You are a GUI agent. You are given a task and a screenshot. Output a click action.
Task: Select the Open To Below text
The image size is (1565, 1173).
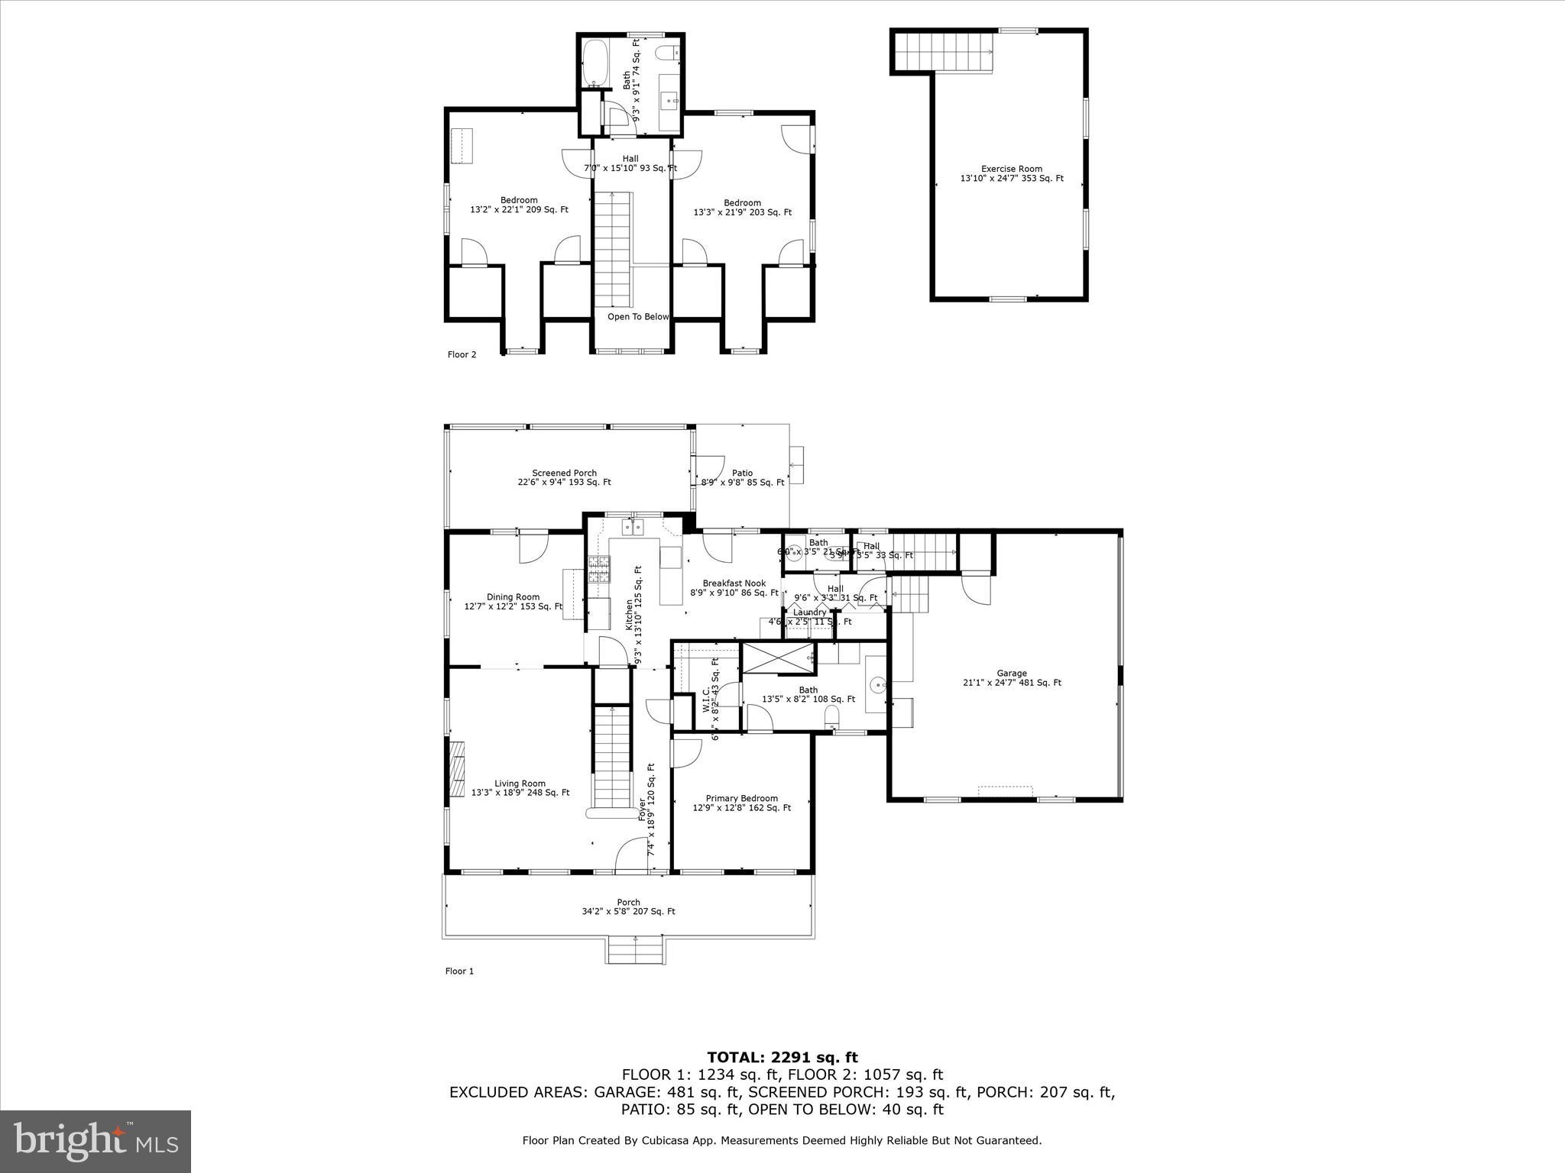[637, 317]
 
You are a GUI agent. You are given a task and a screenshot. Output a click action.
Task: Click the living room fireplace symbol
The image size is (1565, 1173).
[457, 769]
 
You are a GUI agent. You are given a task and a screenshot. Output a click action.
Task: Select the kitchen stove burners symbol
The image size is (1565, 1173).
[599, 570]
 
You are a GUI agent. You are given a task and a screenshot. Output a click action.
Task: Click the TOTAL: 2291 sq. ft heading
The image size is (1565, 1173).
[782, 1058]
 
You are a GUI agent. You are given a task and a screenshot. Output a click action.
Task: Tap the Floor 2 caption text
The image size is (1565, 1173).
[462, 354]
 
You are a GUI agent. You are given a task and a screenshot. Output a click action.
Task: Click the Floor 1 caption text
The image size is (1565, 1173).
[459, 971]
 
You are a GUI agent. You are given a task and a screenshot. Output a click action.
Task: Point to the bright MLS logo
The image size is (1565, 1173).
[96, 1142]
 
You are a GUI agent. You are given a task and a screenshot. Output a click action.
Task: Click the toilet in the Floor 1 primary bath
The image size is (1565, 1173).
[832, 716]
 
